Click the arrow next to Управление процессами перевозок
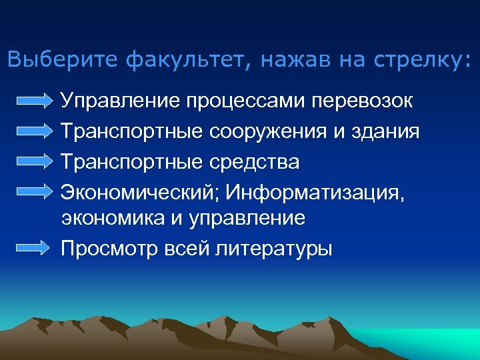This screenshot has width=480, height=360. (x=34, y=101)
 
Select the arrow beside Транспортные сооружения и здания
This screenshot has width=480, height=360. (x=34, y=132)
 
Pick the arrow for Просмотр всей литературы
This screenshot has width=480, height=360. (x=34, y=248)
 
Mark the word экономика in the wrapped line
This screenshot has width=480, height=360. (x=111, y=218)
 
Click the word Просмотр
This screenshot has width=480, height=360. (x=102, y=249)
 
